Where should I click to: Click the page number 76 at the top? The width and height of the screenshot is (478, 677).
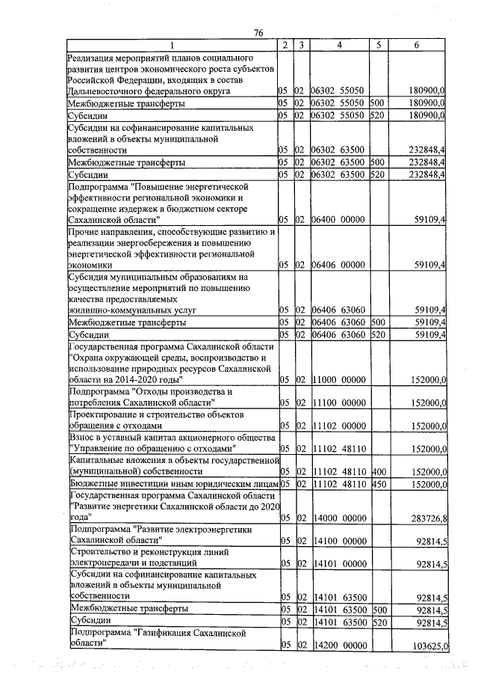[x=259, y=32]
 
